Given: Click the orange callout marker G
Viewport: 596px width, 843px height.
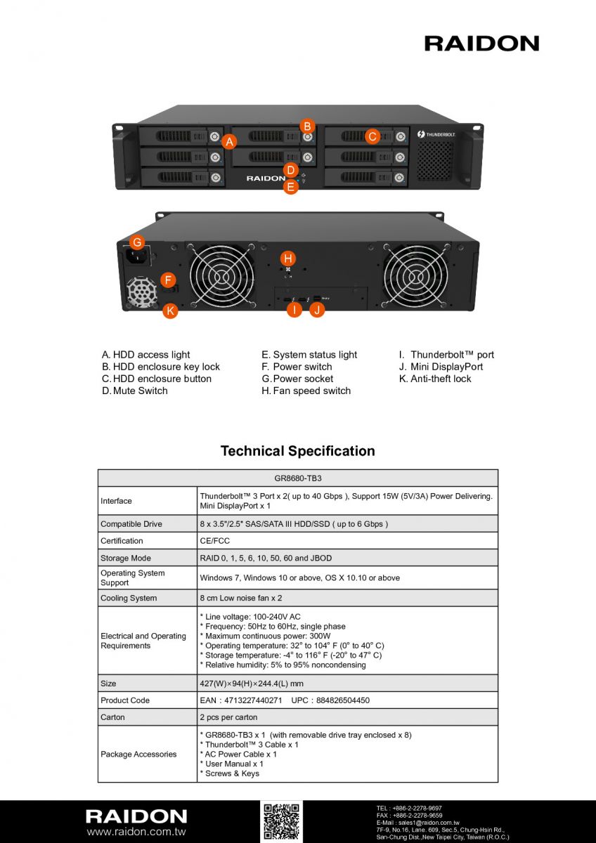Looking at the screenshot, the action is pos(138,242).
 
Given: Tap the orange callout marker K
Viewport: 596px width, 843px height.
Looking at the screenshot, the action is pos(170,311).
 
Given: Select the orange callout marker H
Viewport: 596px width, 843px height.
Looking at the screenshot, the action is pos(288,259).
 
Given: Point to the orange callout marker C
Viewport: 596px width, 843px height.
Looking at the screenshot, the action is pos(372,136).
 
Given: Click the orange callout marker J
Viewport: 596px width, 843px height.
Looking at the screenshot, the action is pos(317,310).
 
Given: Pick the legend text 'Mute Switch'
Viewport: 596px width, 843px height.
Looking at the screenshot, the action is pos(140,391).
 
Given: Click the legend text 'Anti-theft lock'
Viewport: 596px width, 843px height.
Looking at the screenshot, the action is pos(441,379).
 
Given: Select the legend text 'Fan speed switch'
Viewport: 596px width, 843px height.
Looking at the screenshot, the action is pos(312,391).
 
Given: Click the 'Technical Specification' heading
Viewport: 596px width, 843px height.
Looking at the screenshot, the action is pos(298,451).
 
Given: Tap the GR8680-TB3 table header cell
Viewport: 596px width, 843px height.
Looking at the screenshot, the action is pos(298,478).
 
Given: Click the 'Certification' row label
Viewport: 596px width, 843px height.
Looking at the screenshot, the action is pos(122,541).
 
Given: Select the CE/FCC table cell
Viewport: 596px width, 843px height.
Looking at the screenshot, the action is pos(214,541).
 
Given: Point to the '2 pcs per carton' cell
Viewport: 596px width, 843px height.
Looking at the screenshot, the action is pos(228,717).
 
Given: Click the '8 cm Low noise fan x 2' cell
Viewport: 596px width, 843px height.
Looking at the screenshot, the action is pos(241,598).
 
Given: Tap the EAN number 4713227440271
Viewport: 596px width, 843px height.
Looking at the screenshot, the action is pos(253,700).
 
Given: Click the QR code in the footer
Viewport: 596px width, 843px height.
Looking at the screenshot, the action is pos(281,821).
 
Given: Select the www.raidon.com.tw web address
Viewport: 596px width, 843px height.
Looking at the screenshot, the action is pos(136,831).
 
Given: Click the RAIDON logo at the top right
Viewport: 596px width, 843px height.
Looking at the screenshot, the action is pos(481,44).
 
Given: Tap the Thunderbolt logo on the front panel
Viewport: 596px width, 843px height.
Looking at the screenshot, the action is pos(436,134).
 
